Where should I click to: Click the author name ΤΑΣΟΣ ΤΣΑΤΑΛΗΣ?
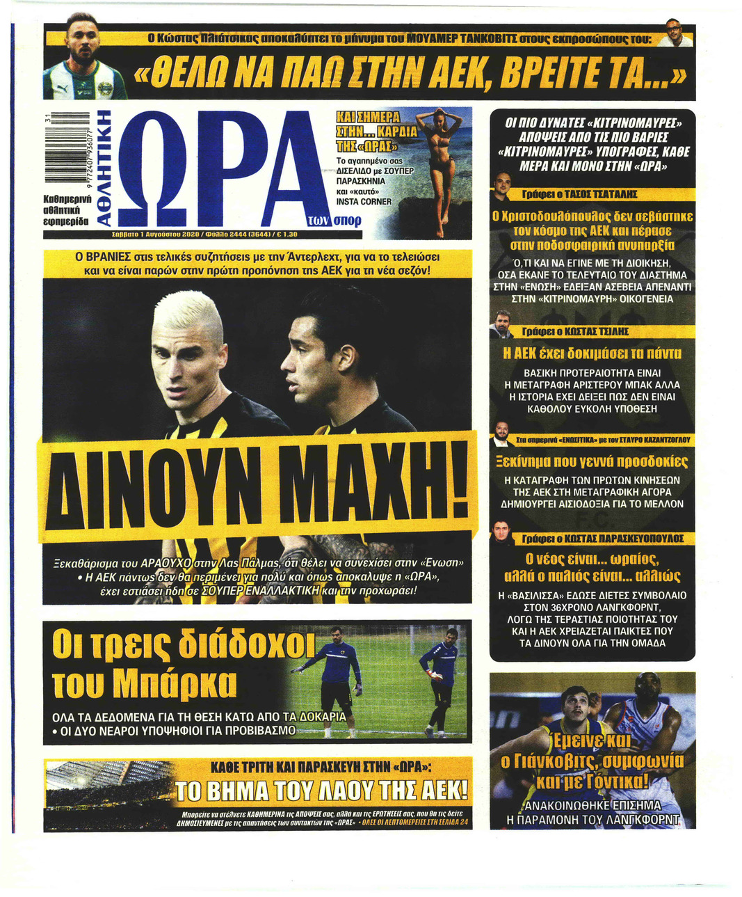coord(599,194)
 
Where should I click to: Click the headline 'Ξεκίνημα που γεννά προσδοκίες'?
coord(592,462)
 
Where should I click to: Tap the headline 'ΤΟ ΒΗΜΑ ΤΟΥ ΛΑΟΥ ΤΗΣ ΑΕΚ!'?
coord(320,791)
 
